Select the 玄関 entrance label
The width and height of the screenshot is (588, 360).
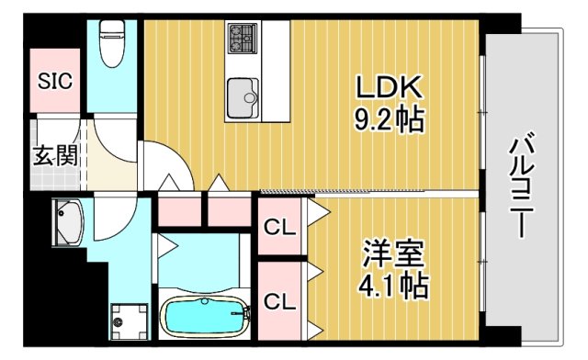tap(55, 155)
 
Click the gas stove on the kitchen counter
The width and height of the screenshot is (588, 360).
tap(243, 38)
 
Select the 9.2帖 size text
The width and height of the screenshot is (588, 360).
tap(390, 118)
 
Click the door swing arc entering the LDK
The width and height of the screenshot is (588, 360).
tap(165, 165)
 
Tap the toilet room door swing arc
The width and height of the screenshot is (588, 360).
tap(115, 138)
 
